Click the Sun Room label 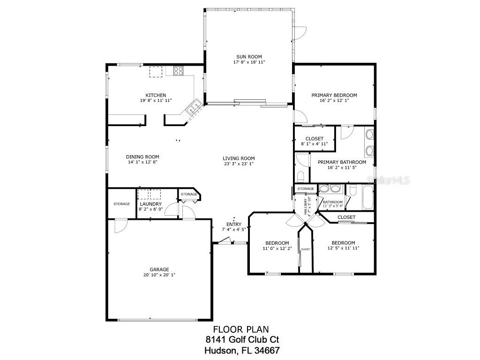[x=249, y=57]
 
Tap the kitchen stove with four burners [x=179, y=72]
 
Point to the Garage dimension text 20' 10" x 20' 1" [x=159, y=275]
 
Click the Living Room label [x=239, y=158]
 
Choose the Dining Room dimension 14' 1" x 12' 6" [x=142, y=163]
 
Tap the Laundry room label [x=150, y=204]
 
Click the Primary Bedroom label [x=334, y=96]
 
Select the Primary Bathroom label [x=342, y=162]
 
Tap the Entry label [x=233, y=224]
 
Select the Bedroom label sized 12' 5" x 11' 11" [x=343, y=243]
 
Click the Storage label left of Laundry [x=121, y=204]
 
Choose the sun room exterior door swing [x=300, y=33]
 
